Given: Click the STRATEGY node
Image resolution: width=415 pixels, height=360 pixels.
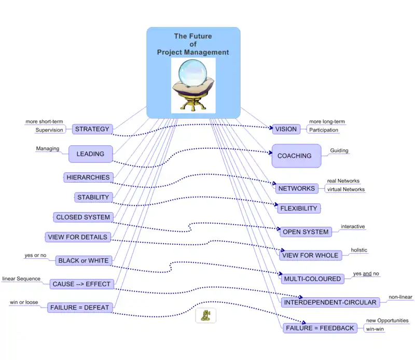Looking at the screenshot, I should pyautogui.click(x=92, y=129).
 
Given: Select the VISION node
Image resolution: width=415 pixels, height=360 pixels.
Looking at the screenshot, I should pyautogui.click(x=286, y=129).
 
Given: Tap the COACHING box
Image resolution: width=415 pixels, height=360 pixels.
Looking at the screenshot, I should pyautogui.click(x=295, y=156).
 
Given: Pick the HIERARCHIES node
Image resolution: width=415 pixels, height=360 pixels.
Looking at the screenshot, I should pyautogui.click(x=88, y=177).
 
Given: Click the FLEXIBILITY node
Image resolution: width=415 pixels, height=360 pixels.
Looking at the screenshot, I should pyautogui.click(x=298, y=209).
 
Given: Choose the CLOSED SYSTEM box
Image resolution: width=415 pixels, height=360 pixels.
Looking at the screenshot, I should pyautogui.click(x=83, y=217).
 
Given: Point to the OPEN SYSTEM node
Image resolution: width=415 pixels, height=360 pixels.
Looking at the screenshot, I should pyautogui.click(x=306, y=232).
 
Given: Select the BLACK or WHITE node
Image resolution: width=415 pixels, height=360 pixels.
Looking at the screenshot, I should pyautogui.click(x=84, y=260).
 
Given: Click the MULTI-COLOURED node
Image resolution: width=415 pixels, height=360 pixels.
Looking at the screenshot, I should pyautogui.click(x=312, y=279).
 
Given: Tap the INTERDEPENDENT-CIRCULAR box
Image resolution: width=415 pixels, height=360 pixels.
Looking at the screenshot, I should pyautogui.click(x=330, y=302).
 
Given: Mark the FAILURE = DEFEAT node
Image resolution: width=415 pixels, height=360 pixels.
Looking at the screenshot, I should pyautogui.click(x=80, y=308).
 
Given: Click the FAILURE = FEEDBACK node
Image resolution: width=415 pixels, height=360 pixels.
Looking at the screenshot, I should pyautogui.click(x=320, y=328).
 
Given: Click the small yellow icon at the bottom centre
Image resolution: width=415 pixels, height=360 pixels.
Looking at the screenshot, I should pyautogui.click(x=205, y=315).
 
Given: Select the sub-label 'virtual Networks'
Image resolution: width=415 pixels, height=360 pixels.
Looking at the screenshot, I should pyautogui.click(x=345, y=189).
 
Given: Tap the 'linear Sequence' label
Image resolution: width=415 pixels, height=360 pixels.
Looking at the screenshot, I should pyautogui.click(x=21, y=279).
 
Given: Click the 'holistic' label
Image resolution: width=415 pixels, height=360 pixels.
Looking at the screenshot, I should pyautogui.click(x=358, y=250).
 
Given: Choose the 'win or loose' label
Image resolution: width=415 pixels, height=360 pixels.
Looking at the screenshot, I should pyautogui.click(x=24, y=302).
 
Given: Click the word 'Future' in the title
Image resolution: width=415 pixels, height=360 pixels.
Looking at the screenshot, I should pyautogui.click(x=200, y=37).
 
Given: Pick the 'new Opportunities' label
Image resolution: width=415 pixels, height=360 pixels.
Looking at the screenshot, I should pyautogui.click(x=387, y=321).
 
